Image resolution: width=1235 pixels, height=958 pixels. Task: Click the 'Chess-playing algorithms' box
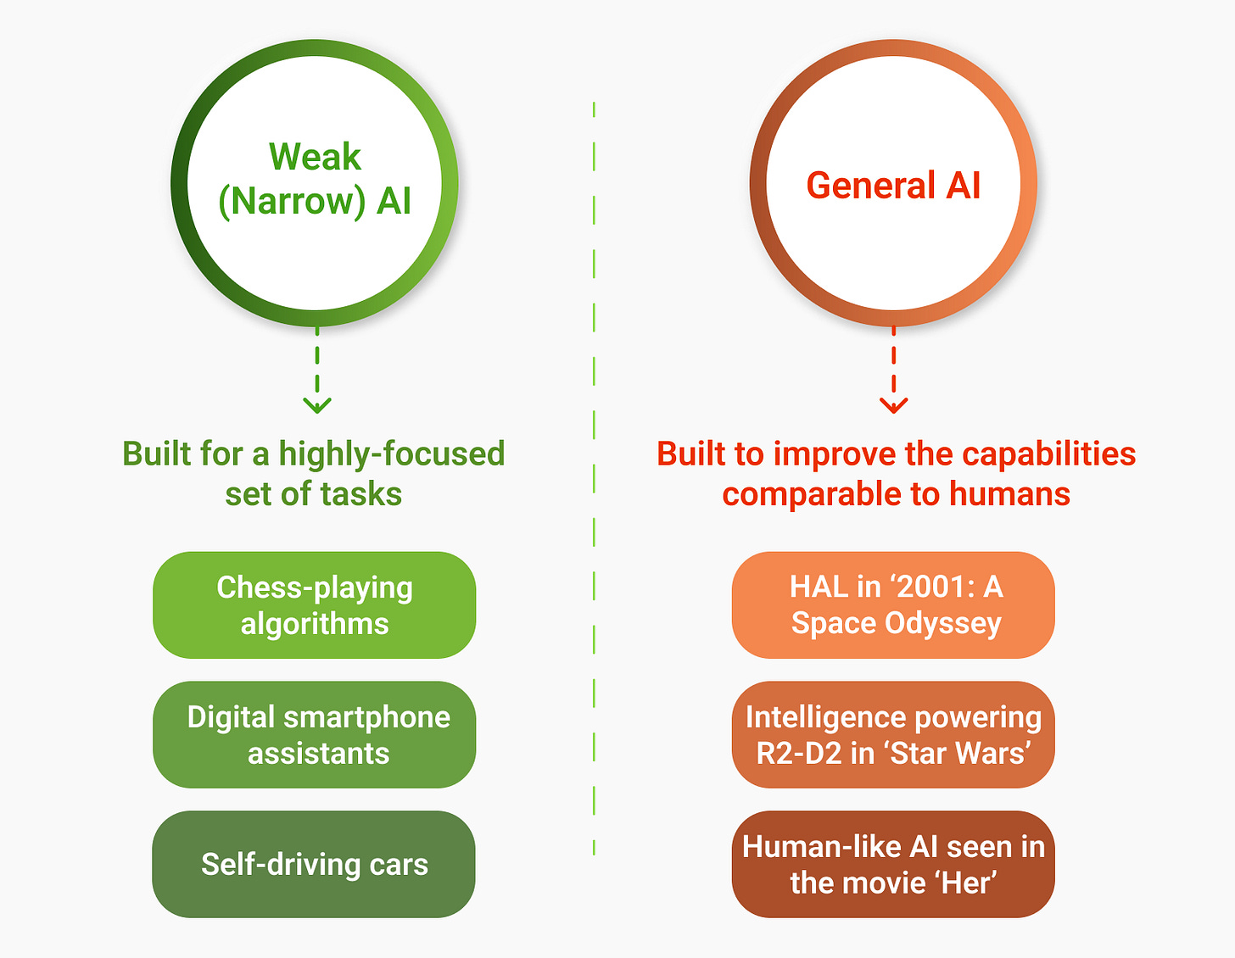pos(314,605)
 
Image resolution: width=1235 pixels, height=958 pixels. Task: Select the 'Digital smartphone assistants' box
pos(314,735)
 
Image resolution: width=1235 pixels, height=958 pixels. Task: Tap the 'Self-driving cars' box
pos(314,864)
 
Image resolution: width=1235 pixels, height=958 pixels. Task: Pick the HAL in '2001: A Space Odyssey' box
pos(893,605)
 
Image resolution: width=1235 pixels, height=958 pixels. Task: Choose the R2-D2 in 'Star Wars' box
pos(893,735)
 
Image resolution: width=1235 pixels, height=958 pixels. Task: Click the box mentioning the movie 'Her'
pos(893,864)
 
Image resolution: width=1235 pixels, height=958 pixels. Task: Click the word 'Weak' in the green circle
pos(315,158)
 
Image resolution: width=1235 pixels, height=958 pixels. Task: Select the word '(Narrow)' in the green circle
pos(292,202)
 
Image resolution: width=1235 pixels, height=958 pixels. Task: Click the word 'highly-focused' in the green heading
pos(392,454)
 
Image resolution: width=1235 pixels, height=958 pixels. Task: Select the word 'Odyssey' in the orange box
pos(943,624)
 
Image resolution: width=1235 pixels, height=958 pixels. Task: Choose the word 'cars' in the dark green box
pos(399,865)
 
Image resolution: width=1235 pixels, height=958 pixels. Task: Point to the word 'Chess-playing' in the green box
pos(315,588)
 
